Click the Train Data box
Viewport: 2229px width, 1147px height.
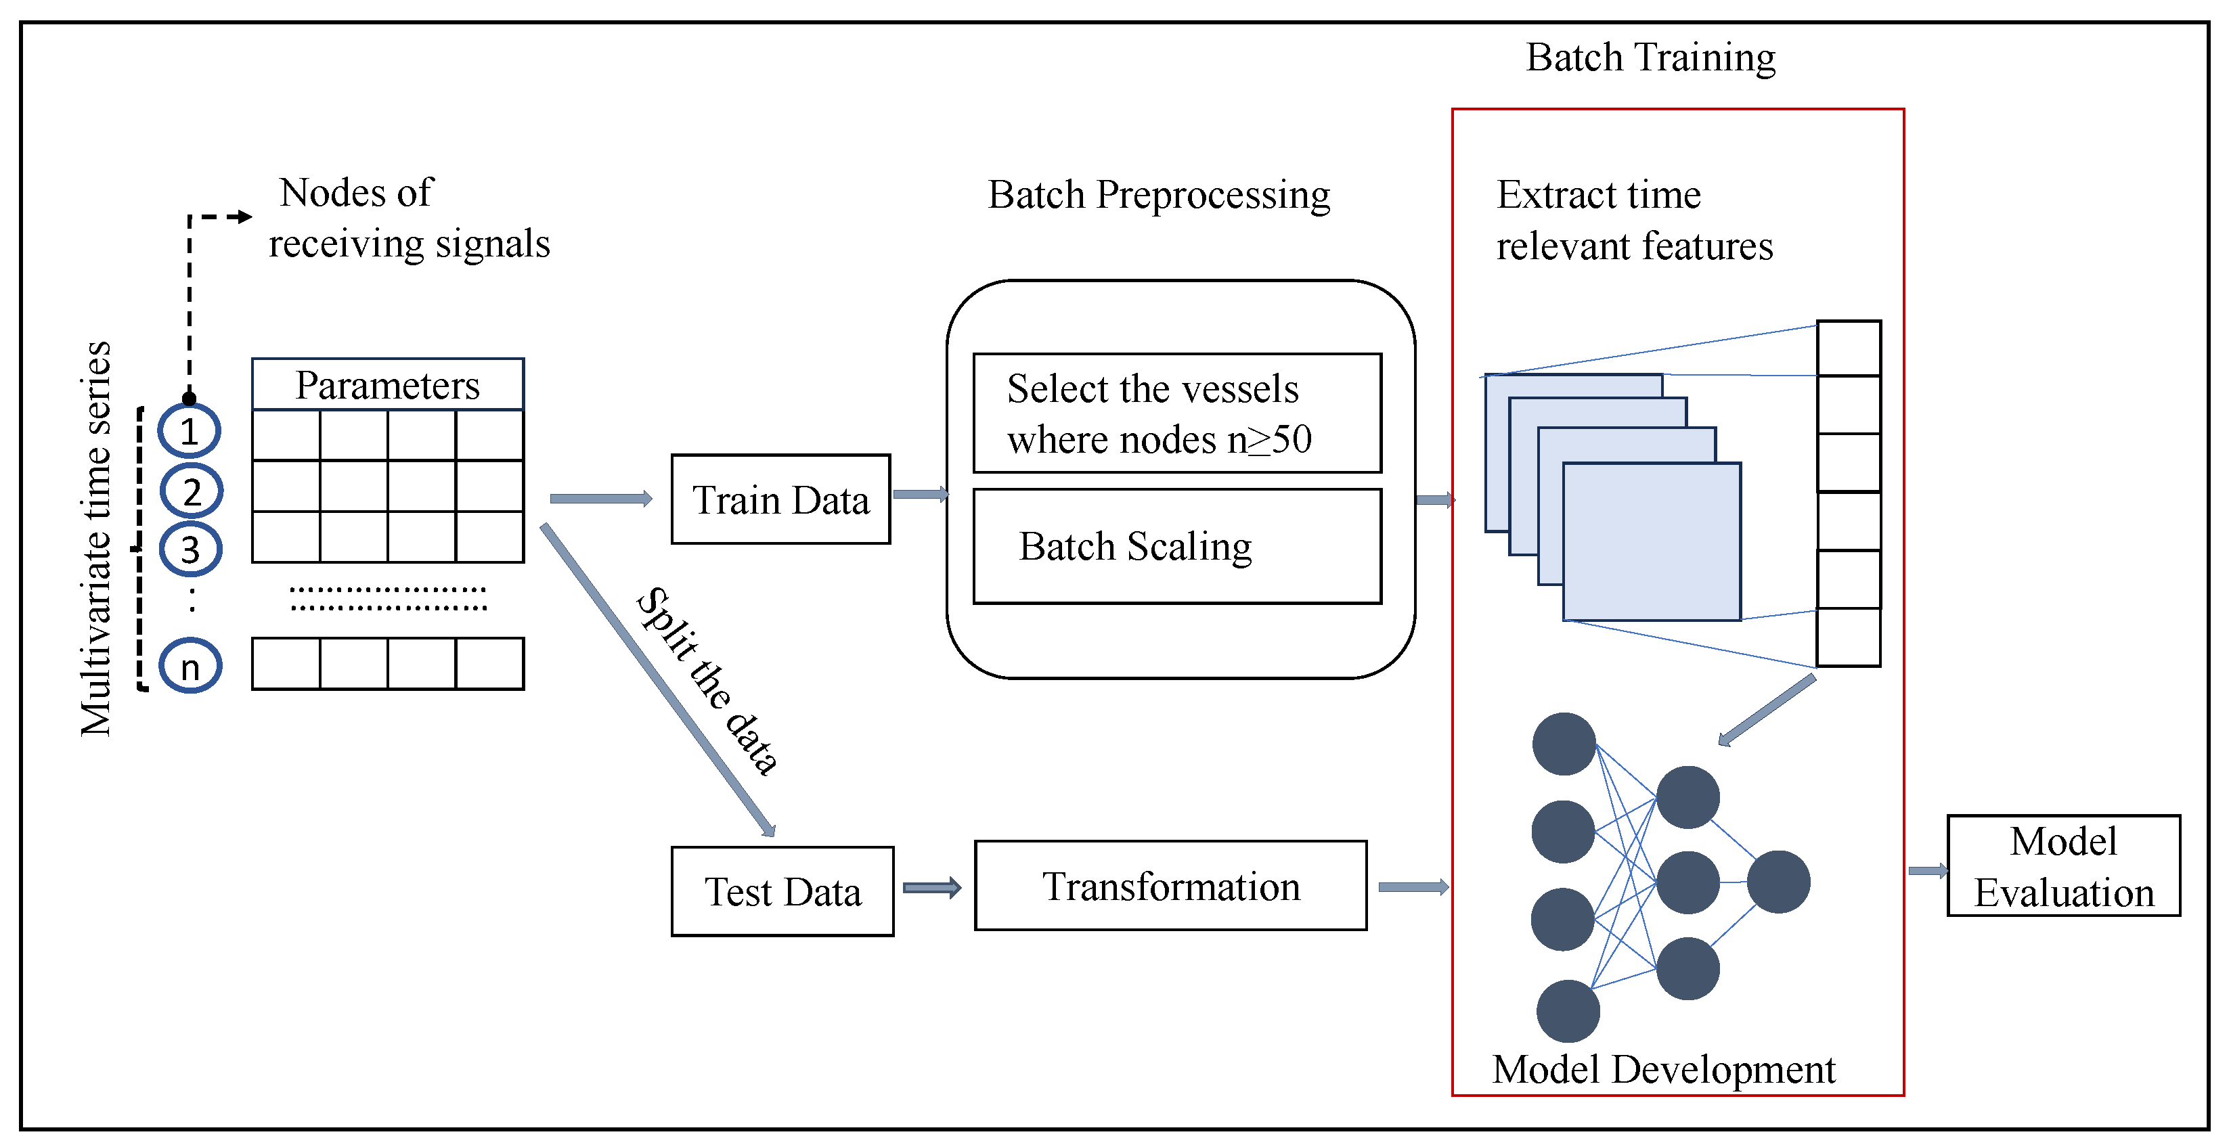tap(780, 499)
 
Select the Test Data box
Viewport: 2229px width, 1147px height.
tap(782, 891)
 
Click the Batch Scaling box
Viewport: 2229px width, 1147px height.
tap(1177, 546)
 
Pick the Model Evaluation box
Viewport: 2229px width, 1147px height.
tap(2063, 866)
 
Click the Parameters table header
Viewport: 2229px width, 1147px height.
tap(388, 384)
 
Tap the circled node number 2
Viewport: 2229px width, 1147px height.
tap(192, 491)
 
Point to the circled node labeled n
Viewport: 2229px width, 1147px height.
tap(190, 666)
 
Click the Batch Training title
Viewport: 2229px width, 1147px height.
tap(1650, 58)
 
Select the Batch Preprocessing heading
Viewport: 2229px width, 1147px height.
tap(1159, 195)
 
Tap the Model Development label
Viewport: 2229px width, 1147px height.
tap(1663, 1069)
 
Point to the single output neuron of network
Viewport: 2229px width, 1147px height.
tap(1778, 882)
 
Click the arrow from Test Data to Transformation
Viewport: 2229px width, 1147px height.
tap(932, 888)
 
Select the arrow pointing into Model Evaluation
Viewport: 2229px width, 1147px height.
tap(1927, 871)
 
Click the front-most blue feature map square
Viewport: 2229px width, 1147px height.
tap(1651, 541)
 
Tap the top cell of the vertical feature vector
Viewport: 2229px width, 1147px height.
tap(1849, 348)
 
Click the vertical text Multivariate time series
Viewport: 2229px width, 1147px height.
tap(96, 538)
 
